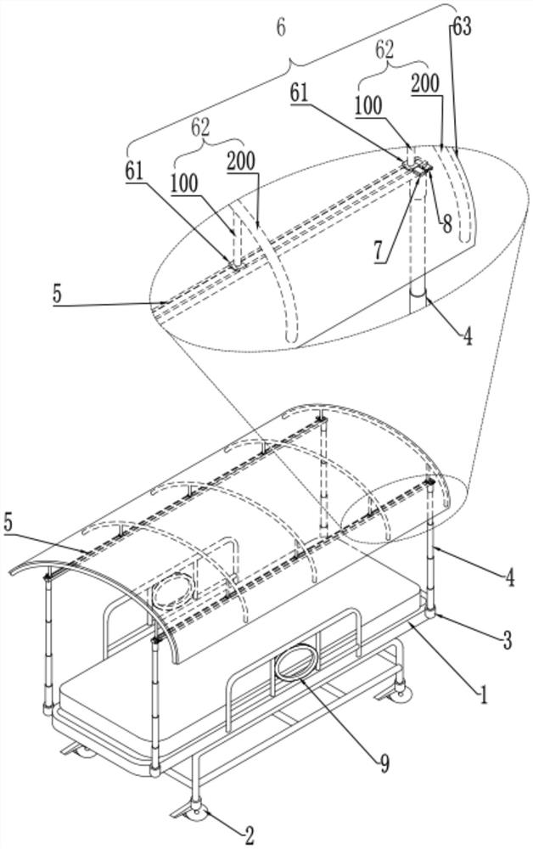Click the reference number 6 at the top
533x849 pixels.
(281, 28)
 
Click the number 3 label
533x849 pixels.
(507, 640)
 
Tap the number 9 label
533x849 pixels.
(384, 763)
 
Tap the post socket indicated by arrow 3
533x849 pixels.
(430, 612)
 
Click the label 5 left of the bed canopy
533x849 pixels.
(10, 524)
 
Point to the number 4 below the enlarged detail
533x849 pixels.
(467, 337)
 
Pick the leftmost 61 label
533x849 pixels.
(135, 171)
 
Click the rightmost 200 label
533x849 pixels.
(425, 84)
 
